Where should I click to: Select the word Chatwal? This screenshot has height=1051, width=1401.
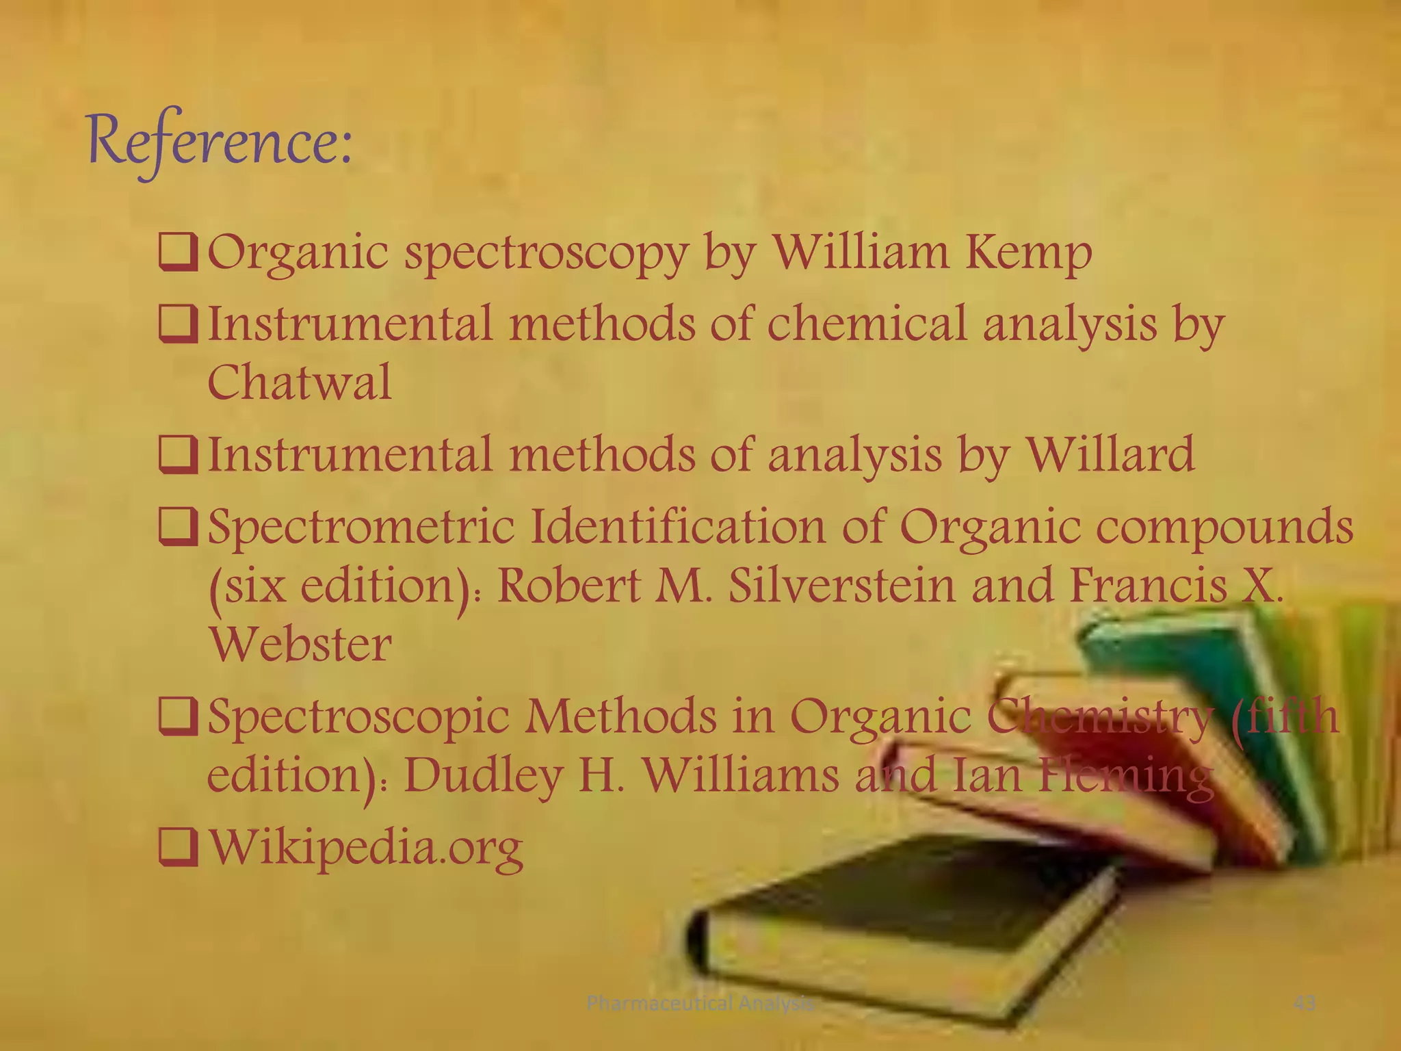(x=300, y=382)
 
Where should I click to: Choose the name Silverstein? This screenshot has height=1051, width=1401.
(x=842, y=586)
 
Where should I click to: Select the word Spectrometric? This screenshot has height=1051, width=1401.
(x=361, y=528)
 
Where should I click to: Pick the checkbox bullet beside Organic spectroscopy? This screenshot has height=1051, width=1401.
(x=178, y=253)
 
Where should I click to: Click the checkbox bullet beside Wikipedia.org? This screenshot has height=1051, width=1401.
(x=178, y=847)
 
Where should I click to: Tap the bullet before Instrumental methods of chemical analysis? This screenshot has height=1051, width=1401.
(x=178, y=324)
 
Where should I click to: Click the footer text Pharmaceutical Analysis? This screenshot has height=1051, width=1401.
(x=700, y=1003)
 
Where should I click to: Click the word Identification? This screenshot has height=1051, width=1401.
(x=678, y=526)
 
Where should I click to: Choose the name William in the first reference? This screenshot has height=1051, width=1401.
(x=861, y=252)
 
